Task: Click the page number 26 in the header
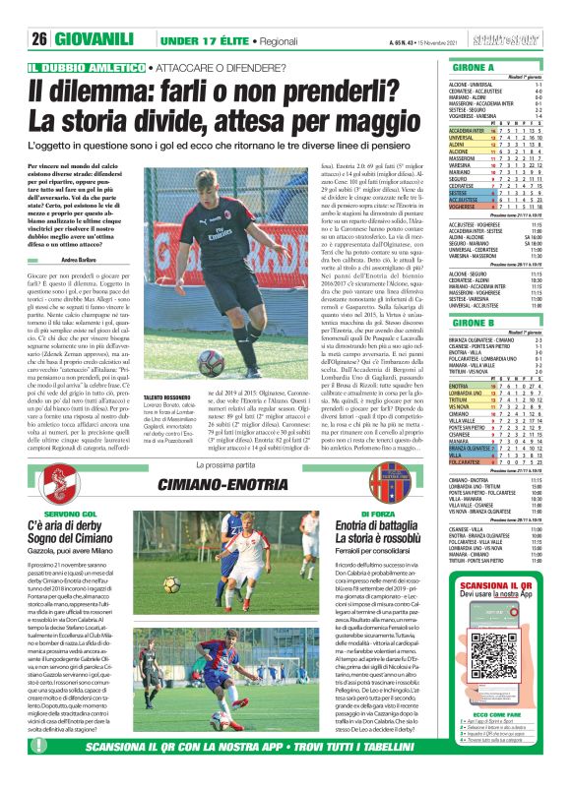pos(39,38)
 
